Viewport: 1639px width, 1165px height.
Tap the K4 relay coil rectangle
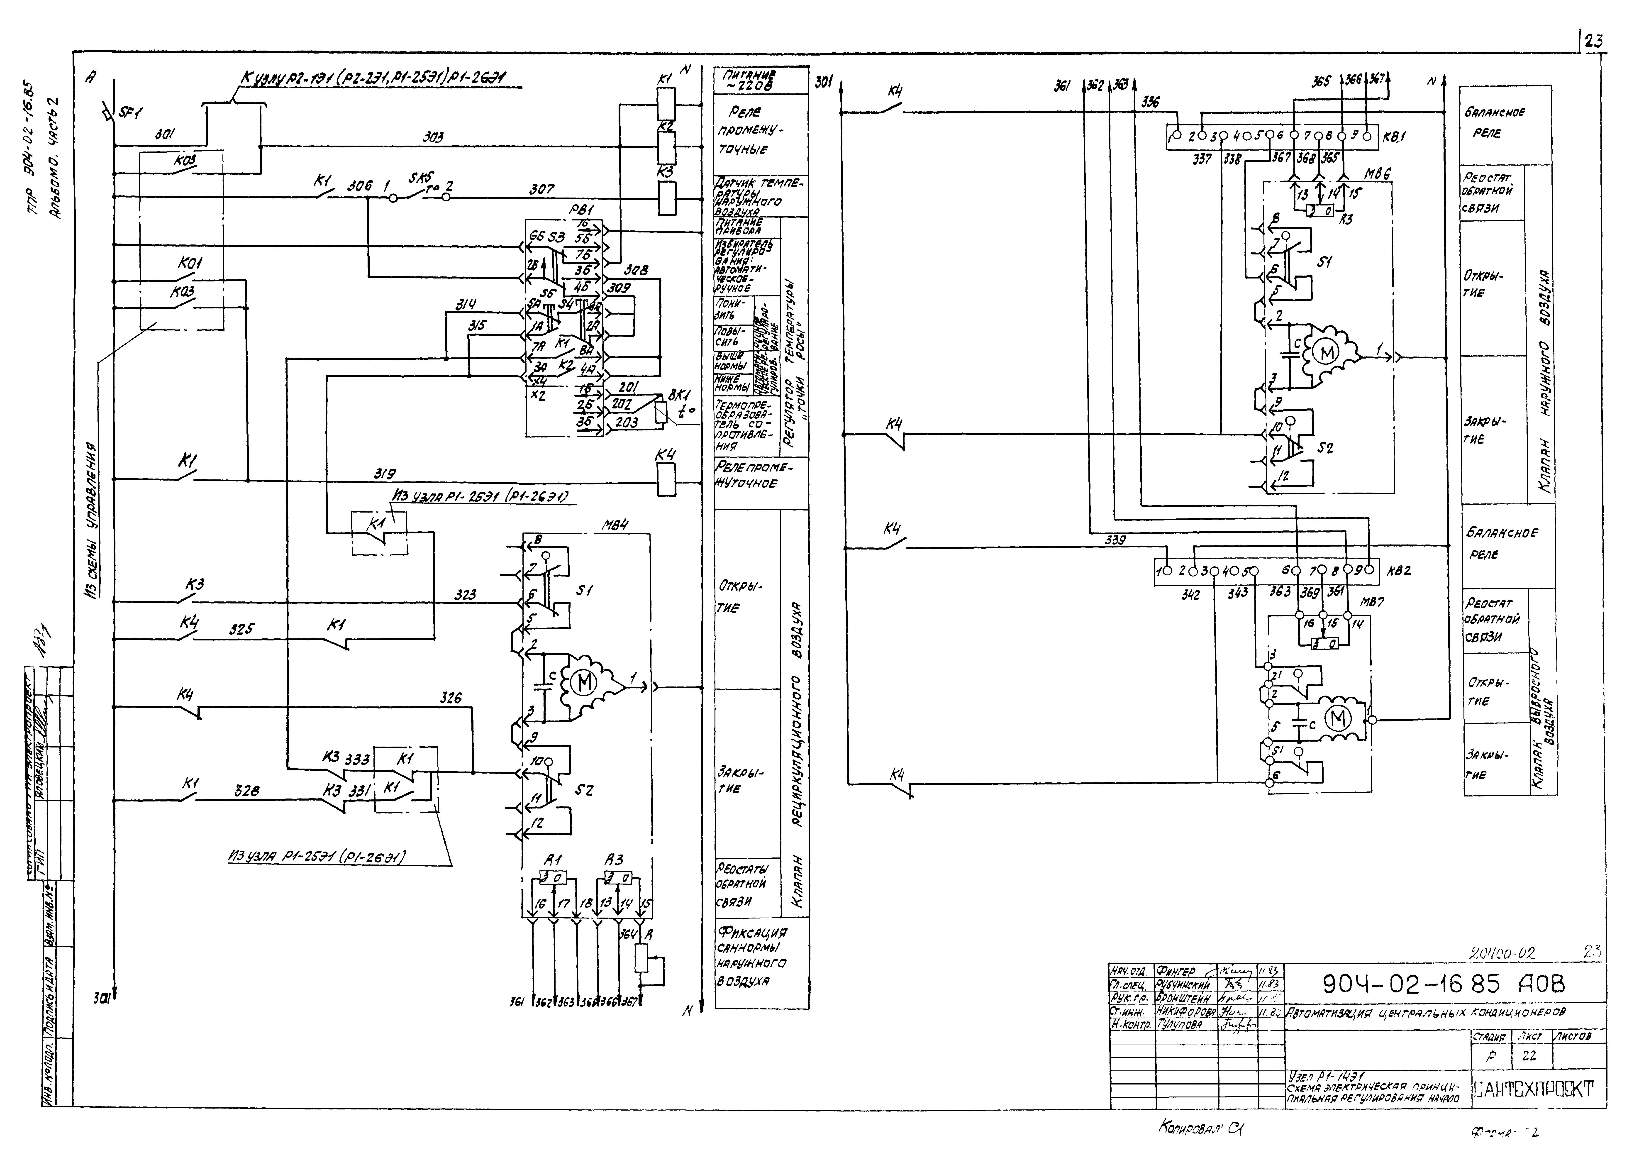(666, 479)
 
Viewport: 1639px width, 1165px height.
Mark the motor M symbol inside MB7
(1337, 717)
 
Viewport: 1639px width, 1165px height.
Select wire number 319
(384, 474)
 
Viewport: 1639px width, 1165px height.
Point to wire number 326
(451, 697)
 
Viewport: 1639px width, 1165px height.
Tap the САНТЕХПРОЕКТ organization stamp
(1533, 1089)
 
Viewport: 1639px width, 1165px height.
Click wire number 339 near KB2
(1115, 540)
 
